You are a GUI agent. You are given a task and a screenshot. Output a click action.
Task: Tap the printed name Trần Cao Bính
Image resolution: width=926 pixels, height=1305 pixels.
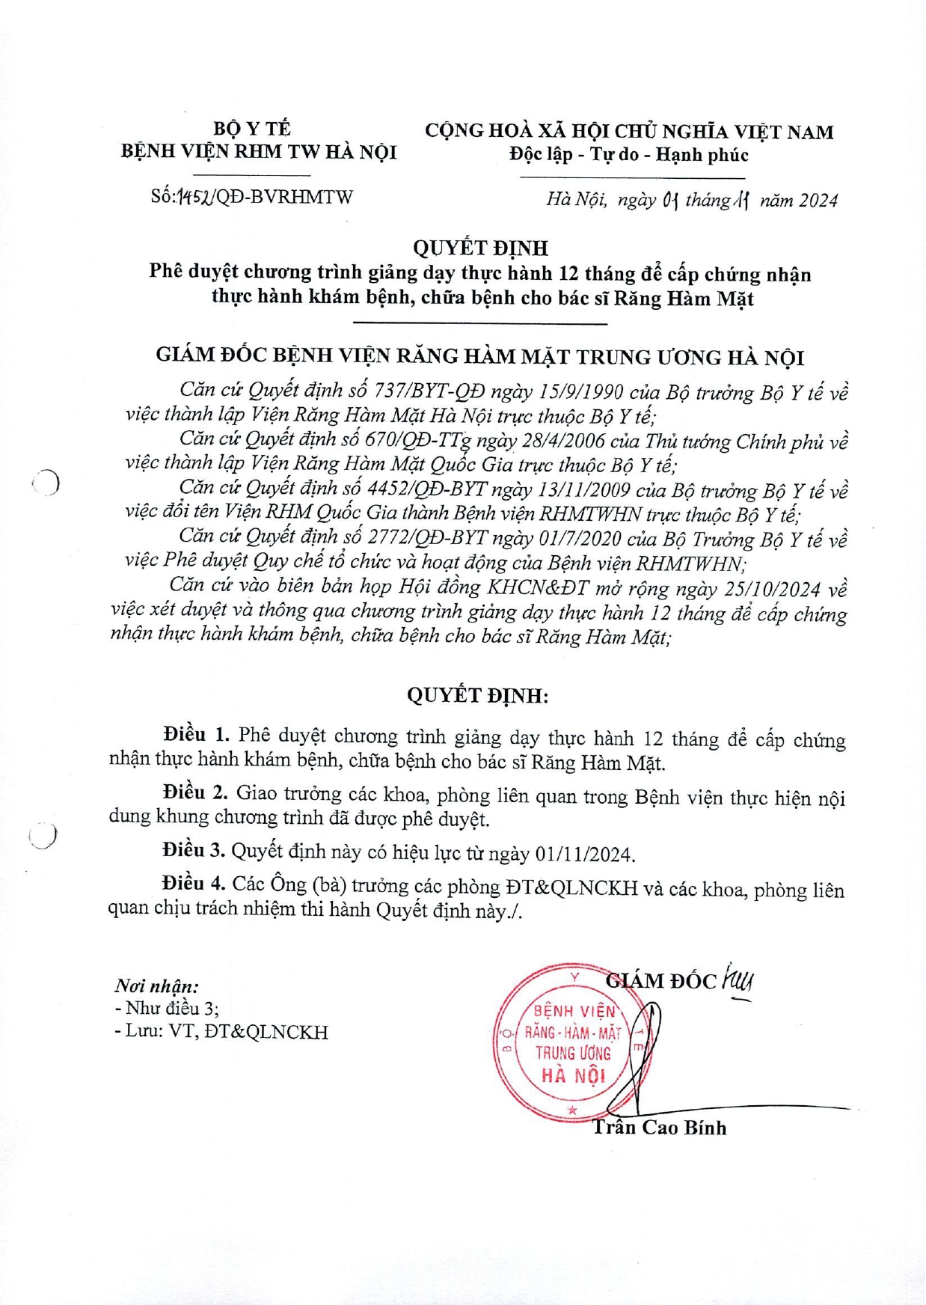point(659,1128)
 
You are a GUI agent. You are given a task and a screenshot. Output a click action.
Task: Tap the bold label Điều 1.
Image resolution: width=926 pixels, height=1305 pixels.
point(196,735)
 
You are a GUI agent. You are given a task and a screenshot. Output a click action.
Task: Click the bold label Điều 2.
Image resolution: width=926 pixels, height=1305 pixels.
point(195,792)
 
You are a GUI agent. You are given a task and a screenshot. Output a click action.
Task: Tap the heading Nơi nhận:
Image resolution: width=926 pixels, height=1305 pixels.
point(156,986)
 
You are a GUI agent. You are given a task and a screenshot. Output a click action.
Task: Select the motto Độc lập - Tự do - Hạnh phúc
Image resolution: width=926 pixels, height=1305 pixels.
point(628,155)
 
